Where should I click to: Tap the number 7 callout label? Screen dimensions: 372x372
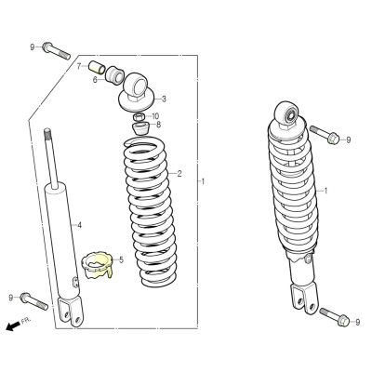tap(79, 66)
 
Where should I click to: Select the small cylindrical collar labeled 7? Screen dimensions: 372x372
tap(97, 67)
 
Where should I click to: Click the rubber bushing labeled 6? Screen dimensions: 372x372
tap(114, 75)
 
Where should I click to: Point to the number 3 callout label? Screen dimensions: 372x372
tap(164, 99)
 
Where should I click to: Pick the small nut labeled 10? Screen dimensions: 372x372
tap(139, 117)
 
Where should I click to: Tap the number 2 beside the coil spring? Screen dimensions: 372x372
tap(179, 174)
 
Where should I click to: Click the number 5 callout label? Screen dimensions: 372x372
tap(121, 259)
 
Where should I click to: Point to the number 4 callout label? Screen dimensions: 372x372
tap(79, 225)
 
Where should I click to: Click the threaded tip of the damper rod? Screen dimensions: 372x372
tap(47, 131)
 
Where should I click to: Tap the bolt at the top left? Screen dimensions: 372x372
tap(56, 51)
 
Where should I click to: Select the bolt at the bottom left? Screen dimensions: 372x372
tap(34, 301)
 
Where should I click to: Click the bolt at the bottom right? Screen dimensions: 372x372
tap(334, 316)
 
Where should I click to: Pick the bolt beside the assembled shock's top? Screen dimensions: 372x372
tap(325, 135)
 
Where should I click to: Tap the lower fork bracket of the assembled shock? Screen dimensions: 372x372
tap(304, 299)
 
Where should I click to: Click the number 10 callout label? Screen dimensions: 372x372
tap(155, 116)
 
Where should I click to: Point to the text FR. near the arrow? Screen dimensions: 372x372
tap(26, 321)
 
